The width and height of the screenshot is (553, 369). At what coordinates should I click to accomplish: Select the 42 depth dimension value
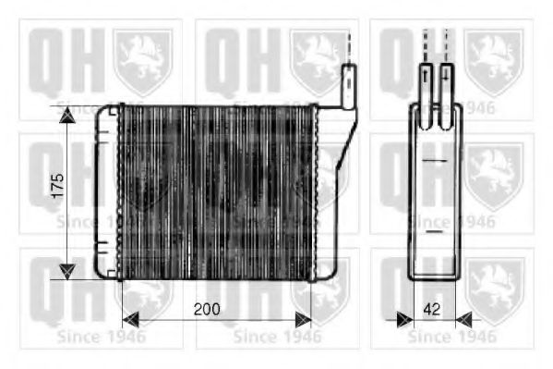[431, 310]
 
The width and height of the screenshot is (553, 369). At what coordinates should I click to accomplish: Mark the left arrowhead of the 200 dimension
[130, 320]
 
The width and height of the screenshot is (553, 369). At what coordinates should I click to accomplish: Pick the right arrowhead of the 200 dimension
[302, 320]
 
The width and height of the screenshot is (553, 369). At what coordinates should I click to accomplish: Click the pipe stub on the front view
[350, 86]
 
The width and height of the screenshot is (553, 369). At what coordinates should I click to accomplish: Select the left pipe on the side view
[426, 85]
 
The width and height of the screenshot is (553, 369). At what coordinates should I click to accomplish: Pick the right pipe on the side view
[447, 85]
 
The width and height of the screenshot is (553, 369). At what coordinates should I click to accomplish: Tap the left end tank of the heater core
[106, 191]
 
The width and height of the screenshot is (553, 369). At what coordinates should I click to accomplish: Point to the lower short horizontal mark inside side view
[434, 231]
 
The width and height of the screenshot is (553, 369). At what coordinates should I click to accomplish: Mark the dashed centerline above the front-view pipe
[350, 46]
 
